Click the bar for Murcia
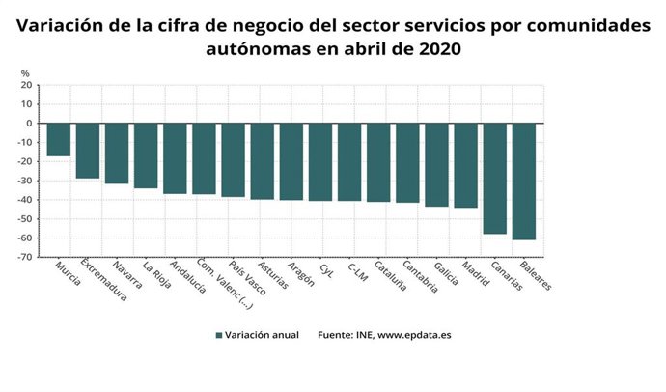pyautogui.click(x=59, y=139)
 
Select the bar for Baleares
pyautogui.click(x=524, y=181)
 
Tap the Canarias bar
pyautogui.click(x=495, y=178)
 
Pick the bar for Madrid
pyautogui.click(x=466, y=165)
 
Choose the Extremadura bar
pyautogui.click(x=88, y=151)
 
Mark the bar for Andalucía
pyautogui.click(x=175, y=158)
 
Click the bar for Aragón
pyautogui.click(x=291, y=161)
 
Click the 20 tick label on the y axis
pyautogui.click(x=27, y=85)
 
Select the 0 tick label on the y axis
pyautogui.click(x=30, y=124)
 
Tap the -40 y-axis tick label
pyautogui.click(x=25, y=200)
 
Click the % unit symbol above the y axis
pyautogui.click(x=25, y=73)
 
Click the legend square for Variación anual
pyautogui.click(x=219, y=335)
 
